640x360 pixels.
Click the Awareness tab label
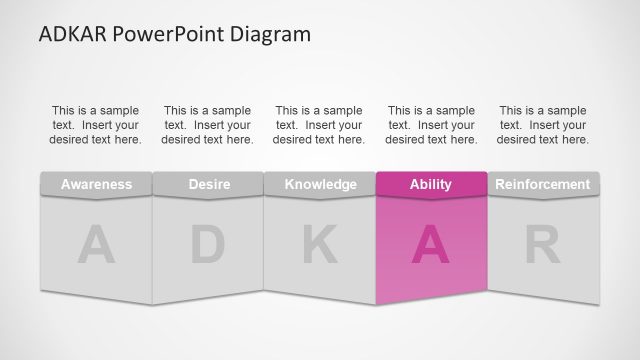coord(96,184)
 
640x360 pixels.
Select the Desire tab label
coord(208,184)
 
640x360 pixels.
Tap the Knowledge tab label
coord(320,184)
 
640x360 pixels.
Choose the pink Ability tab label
coord(431,184)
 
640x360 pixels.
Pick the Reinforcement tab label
coord(543,184)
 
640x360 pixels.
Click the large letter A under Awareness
coord(96,246)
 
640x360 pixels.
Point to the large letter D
coord(207,246)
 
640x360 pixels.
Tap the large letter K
coord(320,246)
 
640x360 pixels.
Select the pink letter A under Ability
coord(431,246)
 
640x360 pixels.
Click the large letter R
coord(543,246)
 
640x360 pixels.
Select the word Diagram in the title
coord(270,34)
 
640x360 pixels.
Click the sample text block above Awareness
coord(96,125)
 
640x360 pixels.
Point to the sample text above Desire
coord(207,125)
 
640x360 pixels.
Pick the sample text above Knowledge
coord(319,125)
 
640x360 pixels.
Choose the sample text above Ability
coord(431,125)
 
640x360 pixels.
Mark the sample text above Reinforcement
coord(543,125)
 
